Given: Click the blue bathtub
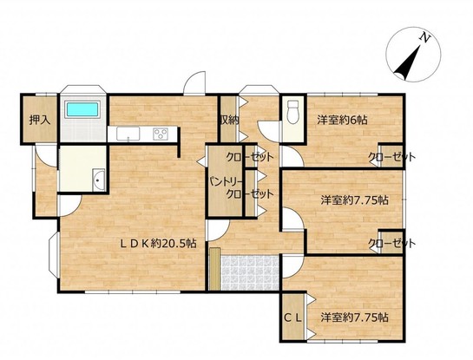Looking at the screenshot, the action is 82,109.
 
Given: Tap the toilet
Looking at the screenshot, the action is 292,112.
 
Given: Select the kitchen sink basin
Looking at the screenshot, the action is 128,134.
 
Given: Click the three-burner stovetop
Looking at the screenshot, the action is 161,134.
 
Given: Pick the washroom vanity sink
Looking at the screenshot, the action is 98,179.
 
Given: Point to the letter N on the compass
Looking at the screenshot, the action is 425,38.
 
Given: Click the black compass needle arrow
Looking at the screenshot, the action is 408,62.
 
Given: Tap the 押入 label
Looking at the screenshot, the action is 40,121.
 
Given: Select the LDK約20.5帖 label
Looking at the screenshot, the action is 159,243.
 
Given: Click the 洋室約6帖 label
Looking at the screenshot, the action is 342,121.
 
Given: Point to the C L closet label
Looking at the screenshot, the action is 293,317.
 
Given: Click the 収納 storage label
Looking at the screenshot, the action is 229,121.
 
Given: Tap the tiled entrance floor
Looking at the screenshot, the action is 250,273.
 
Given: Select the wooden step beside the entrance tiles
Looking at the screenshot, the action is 215,269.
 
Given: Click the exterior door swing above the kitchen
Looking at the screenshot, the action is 195,82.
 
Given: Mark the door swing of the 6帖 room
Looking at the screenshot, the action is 292,155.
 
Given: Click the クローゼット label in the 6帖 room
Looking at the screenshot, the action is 391,157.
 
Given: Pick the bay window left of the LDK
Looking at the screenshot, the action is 54,255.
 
